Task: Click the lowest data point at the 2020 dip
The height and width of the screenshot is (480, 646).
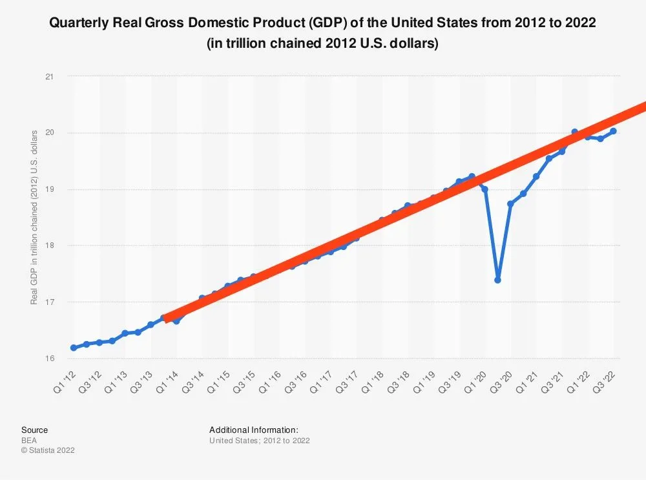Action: pyautogui.click(x=497, y=280)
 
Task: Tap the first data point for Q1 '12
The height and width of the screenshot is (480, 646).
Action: pyautogui.click(x=74, y=348)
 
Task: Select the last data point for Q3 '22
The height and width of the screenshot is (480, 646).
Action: pyautogui.click(x=613, y=131)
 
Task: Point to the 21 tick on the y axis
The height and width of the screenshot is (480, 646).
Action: pyautogui.click(x=50, y=77)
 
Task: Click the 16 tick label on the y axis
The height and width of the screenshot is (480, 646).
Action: pyautogui.click(x=50, y=359)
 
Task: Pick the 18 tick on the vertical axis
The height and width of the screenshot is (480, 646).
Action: pyautogui.click(x=50, y=245)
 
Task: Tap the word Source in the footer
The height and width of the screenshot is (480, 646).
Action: pyautogui.click(x=34, y=430)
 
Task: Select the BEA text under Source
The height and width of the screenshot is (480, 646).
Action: pyautogui.click(x=30, y=440)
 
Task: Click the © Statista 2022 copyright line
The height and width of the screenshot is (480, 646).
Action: pyautogui.click(x=48, y=450)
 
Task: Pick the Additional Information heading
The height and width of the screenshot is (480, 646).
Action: pyautogui.click(x=254, y=430)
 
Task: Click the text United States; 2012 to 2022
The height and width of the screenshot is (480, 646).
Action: pyautogui.click(x=259, y=441)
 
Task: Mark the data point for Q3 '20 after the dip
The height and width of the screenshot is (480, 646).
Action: pyautogui.click(x=510, y=203)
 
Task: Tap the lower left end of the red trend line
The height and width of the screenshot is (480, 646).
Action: pyautogui.click(x=167, y=318)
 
